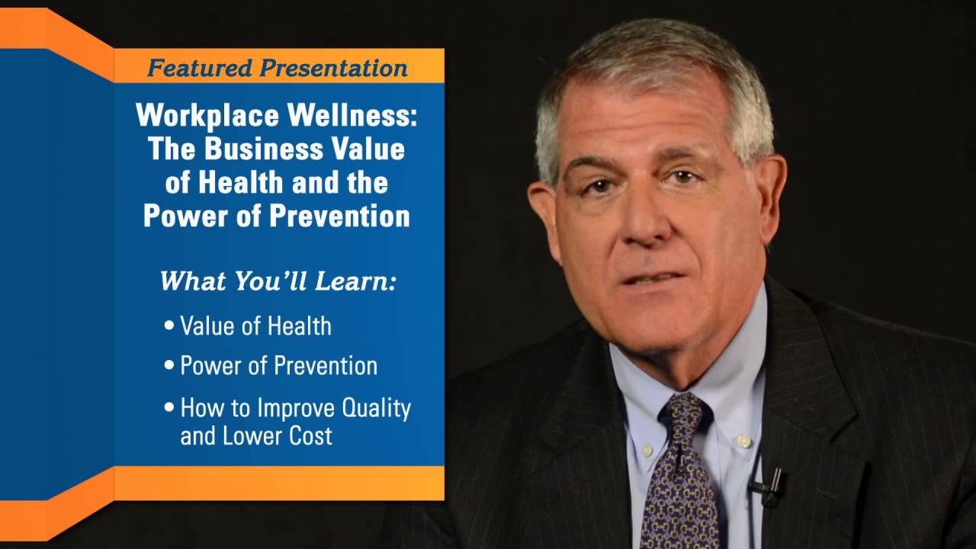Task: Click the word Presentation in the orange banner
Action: click(x=332, y=68)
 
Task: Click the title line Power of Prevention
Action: click(x=277, y=216)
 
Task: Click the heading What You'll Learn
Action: click(x=278, y=281)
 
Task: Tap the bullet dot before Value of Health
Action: click(x=169, y=326)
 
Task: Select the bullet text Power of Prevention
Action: click(x=278, y=365)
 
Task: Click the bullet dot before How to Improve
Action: click(x=169, y=407)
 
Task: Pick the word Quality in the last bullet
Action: click(x=374, y=408)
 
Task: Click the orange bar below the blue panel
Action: click(x=278, y=483)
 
